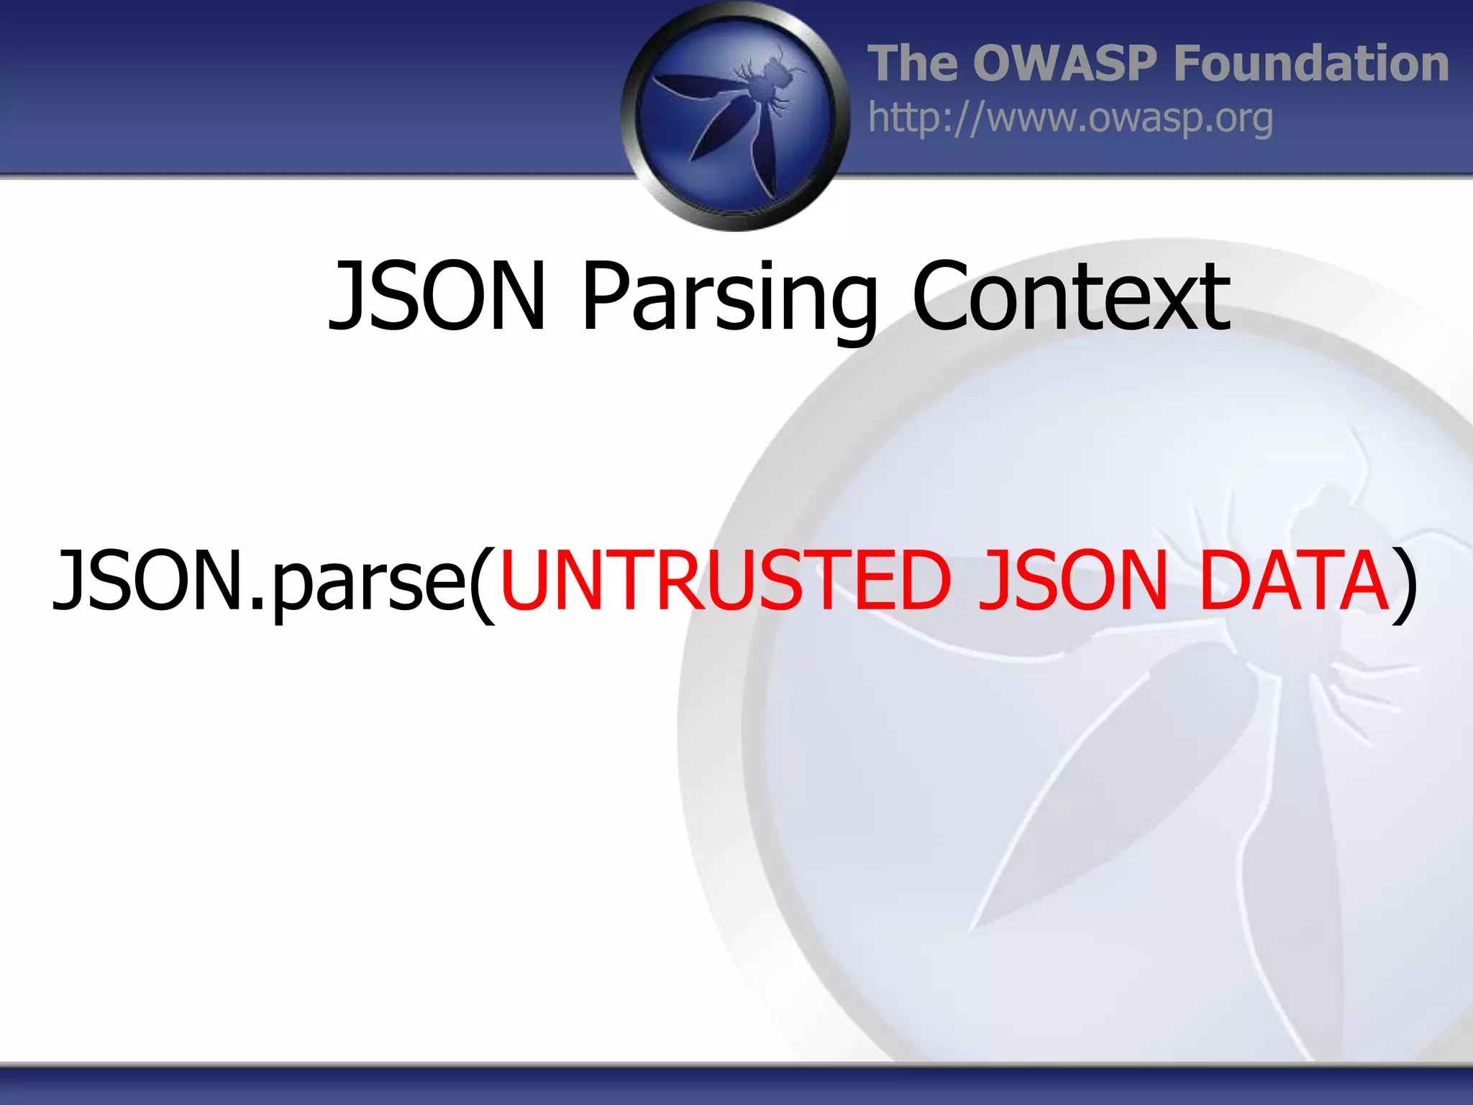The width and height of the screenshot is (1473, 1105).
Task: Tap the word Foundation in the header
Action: coord(1310,63)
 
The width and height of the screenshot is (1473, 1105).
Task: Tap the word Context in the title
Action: coord(1070,296)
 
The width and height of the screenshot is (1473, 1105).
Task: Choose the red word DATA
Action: coord(1294,580)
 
